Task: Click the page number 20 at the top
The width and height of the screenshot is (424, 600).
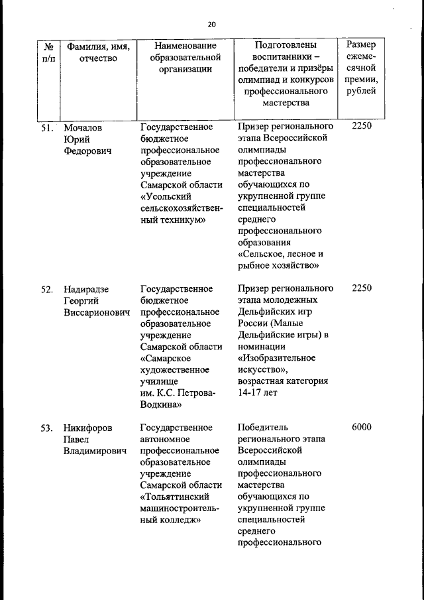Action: coord(212,25)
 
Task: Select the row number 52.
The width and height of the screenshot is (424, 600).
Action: coord(47,289)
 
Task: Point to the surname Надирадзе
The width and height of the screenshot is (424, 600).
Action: coord(86,289)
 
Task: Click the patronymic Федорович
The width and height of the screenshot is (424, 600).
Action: coord(87,150)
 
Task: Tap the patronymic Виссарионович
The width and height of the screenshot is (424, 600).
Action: coord(96,313)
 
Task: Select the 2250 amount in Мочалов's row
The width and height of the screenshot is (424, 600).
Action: coord(362,127)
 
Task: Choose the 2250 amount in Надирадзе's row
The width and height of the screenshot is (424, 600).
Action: coord(362,289)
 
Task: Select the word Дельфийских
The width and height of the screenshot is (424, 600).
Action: coord(266,313)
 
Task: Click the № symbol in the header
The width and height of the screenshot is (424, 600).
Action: coord(48,46)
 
